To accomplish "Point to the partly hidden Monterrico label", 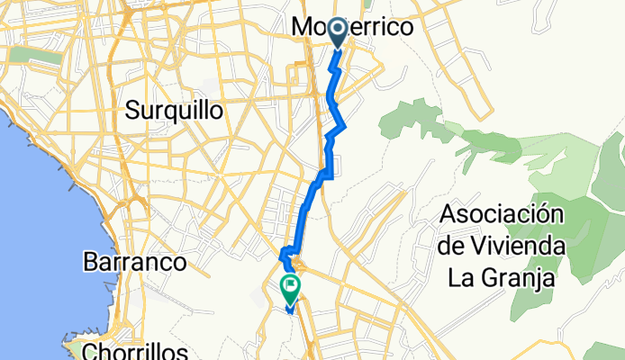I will click(353, 29).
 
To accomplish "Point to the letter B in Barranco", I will click(91, 263).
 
